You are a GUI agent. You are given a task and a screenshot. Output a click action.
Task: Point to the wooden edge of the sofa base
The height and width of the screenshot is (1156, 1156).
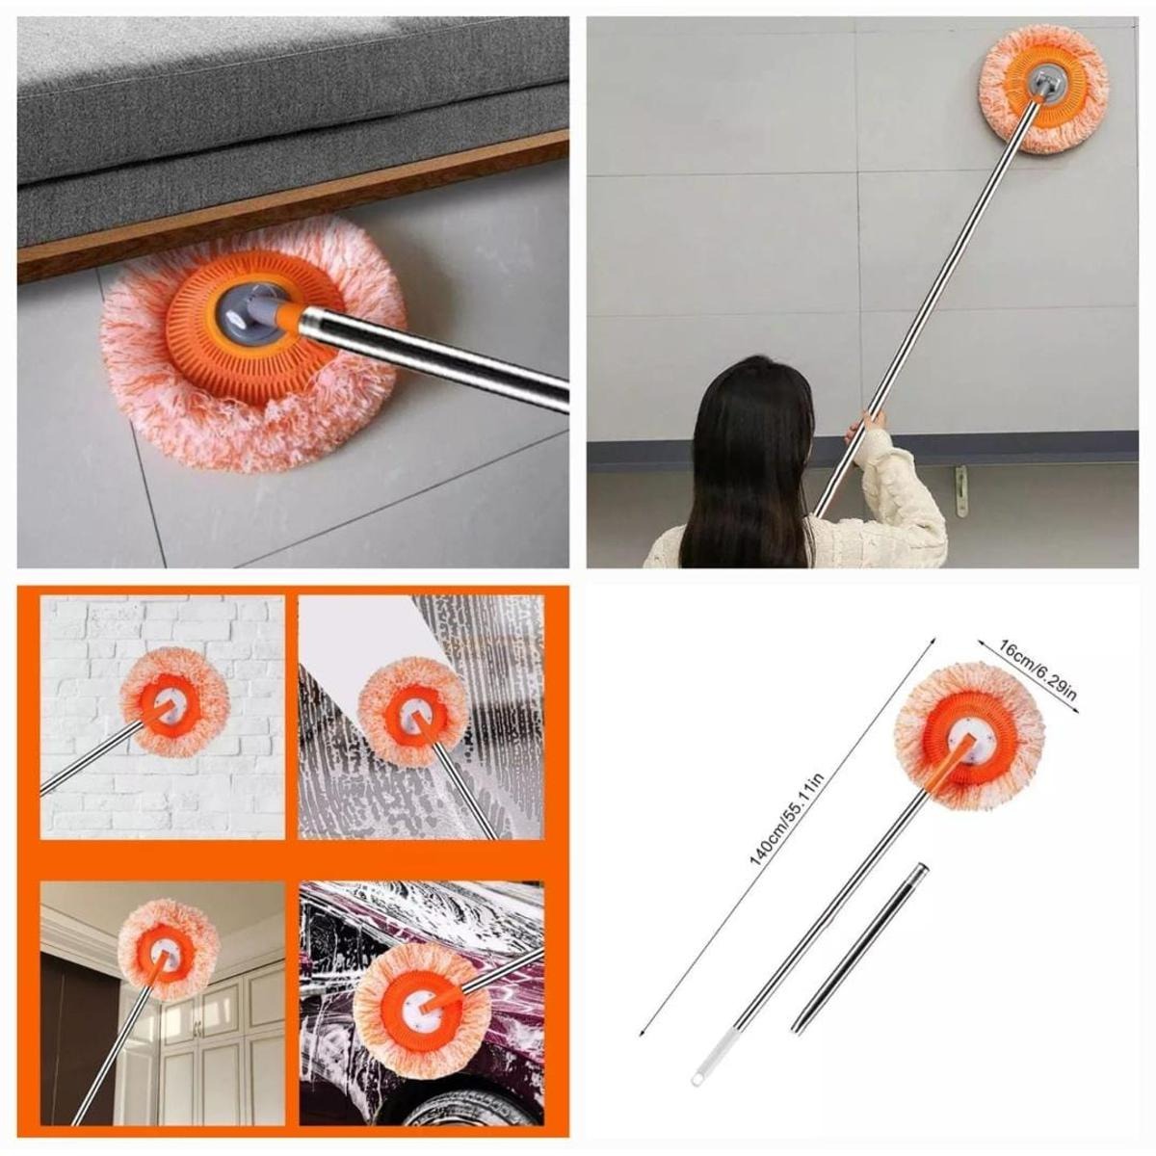click(x=289, y=197)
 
